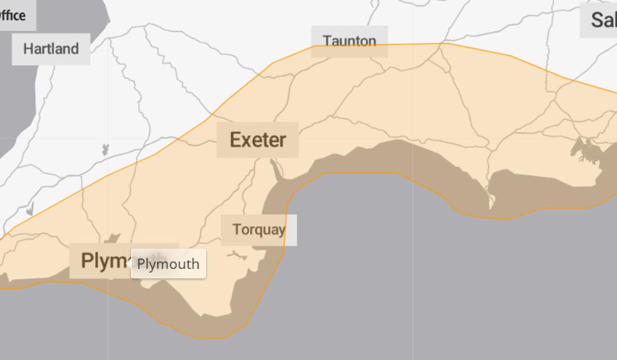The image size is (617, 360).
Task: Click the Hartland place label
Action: [x=51, y=49]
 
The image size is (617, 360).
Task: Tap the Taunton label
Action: [x=349, y=41]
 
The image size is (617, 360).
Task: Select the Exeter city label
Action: [x=258, y=140]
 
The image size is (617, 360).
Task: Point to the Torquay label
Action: [x=259, y=229]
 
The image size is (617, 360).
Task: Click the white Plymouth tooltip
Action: [x=168, y=264]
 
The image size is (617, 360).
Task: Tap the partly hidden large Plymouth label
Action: [x=100, y=261]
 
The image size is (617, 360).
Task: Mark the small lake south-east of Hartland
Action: [x=105, y=150]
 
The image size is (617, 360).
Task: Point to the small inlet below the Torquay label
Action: [x=238, y=254]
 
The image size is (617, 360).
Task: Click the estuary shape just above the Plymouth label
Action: [x=112, y=239]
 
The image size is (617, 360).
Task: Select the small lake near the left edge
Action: [x=30, y=209]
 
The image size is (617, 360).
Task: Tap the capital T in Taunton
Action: [x=326, y=41]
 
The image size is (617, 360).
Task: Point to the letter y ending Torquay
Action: [x=281, y=230]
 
